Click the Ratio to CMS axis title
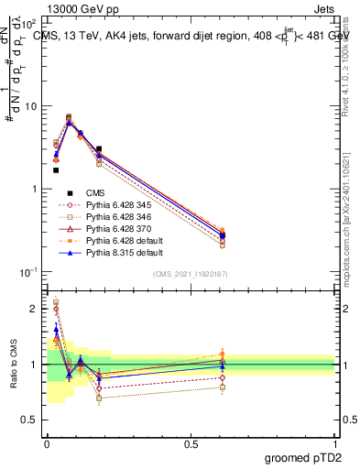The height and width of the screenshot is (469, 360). [x=13, y=365]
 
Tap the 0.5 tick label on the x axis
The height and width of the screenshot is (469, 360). [x=191, y=443]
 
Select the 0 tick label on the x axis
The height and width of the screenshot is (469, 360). [x=47, y=443]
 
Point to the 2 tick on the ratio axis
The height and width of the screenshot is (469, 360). [x=34, y=309]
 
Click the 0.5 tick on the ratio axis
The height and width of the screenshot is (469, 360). [x=30, y=420]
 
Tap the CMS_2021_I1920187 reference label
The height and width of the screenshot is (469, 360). [x=191, y=274]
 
